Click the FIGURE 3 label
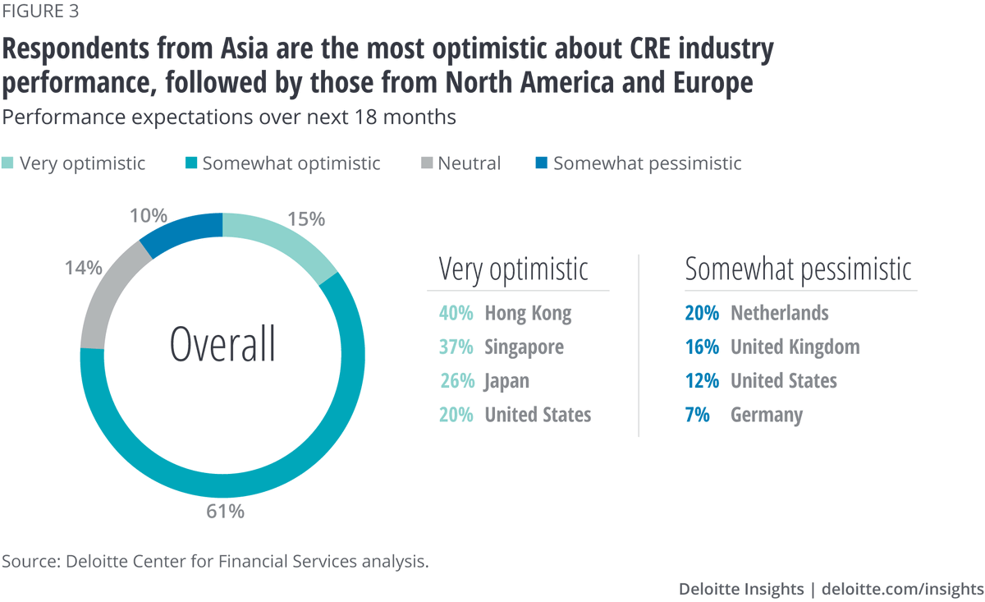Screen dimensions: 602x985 pos(41,11)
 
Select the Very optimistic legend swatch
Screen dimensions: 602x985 pos(8,163)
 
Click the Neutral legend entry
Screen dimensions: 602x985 pos(469,163)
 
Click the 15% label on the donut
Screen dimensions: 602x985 pos(306,219)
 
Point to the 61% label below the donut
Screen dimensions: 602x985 pos(225,511)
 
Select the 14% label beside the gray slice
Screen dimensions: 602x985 pos(83,267)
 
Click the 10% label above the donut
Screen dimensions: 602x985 pos(149,216)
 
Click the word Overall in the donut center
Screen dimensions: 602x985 pos(222,344)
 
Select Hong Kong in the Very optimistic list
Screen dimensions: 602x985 pos(528,313)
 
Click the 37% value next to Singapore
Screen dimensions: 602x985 pos(456,347)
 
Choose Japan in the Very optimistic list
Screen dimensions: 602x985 pos(506,381)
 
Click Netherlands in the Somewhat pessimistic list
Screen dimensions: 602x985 pos(779,313)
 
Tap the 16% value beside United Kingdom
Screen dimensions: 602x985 pos(702,347)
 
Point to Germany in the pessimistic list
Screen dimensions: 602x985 pos(766,415)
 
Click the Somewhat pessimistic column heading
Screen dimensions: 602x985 pos(798,269)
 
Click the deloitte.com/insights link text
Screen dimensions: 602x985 pos(902,589)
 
